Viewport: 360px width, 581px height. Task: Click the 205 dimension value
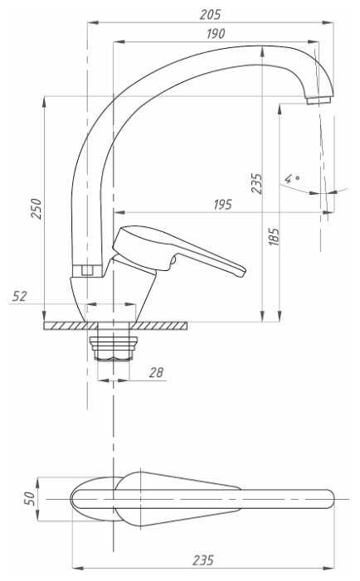click(210, 14)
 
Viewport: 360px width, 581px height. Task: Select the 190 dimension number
click(216, 34)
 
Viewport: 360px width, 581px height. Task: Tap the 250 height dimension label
click(36, 209)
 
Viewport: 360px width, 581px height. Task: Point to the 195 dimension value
click(222, 205)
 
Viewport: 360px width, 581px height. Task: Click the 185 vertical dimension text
click(274, 236)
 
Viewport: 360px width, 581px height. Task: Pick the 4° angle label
click(292, 179)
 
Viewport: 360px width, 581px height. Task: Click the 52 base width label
click(19, 296)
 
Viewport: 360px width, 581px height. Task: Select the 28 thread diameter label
click(156, 372)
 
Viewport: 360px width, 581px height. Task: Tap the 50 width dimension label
click(30, 498)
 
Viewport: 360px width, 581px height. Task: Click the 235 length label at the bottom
click(202, 560)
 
